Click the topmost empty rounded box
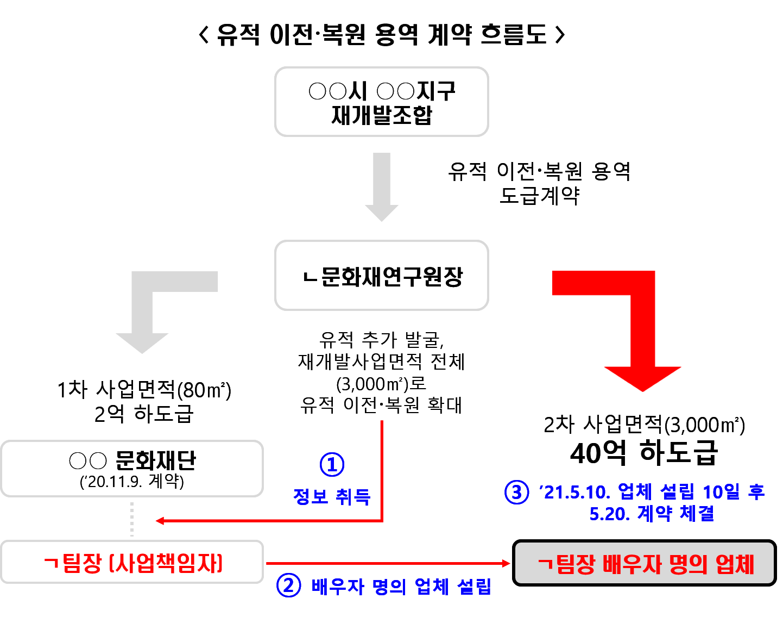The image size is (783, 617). pos(381,102)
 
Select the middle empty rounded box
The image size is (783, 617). pos(381,275)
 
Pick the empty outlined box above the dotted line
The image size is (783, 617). pos(132,469)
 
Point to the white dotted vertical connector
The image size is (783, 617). pos(132,519)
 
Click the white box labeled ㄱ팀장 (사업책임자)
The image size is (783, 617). pos(132,563)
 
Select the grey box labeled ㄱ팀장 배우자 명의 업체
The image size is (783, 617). pos(644,563)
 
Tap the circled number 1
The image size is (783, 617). pos(332,465)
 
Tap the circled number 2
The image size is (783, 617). pos(288,586)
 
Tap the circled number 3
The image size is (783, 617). pos(516,493)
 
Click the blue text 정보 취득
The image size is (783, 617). pos(331,496)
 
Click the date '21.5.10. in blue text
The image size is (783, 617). pos(575,493)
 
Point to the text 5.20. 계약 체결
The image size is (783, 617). pos(652,514)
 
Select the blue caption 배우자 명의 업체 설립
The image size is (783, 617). pos(401,587)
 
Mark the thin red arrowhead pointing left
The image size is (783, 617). pos(160,521)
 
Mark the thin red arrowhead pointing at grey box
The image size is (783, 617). pos(507,563)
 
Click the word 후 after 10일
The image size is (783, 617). pos(756,492)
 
